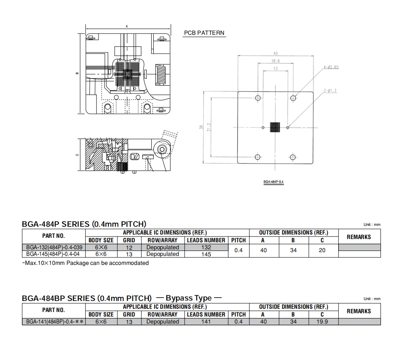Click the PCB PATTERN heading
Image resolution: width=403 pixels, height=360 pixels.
point(204,33)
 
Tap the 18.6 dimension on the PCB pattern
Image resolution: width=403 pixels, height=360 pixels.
point(275,61)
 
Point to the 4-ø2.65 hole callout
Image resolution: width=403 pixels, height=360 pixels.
point(331,67)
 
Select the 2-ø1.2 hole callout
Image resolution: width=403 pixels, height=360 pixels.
point(330,91)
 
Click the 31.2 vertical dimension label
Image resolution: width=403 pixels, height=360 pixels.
point(209,127)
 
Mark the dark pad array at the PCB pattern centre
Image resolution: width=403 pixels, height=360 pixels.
point(275,127)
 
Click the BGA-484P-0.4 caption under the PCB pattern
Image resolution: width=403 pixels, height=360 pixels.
point(273,182)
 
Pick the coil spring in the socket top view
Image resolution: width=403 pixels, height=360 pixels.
point(161,75)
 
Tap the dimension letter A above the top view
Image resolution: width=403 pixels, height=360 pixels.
point(127,26)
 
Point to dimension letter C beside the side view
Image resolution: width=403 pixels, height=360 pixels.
point(77,155)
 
